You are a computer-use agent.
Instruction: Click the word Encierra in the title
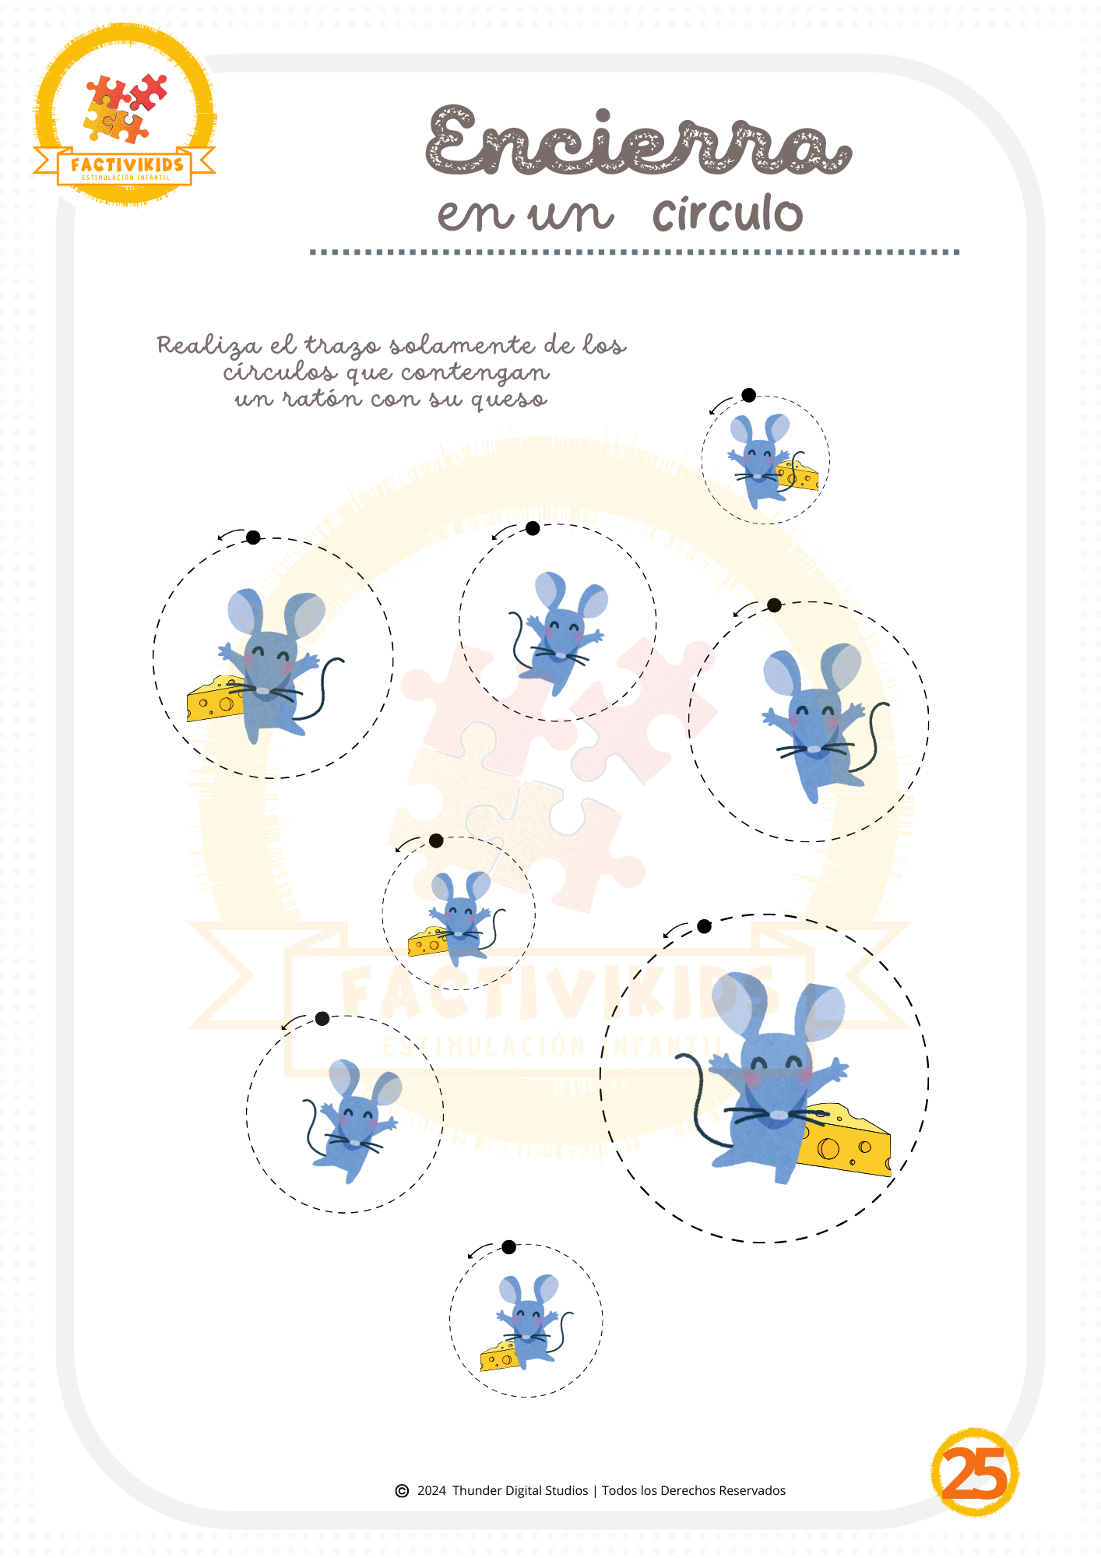coord(638,140)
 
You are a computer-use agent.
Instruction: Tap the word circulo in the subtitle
coord(727,213)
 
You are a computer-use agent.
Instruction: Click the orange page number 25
coord(975,1472)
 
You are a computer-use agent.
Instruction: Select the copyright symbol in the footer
coord(402,1491)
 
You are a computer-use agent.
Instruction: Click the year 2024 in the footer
coord(431,1491)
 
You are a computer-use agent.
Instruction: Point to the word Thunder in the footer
coord(477,1491)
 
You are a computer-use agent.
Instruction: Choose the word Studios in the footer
coord(567,1491)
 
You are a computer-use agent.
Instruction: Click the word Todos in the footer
coord(619,1491)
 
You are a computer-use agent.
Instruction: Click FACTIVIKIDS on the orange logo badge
coord(127,165)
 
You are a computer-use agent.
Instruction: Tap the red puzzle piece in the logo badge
coord(149,92)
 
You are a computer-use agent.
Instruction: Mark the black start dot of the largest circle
coord(704,926)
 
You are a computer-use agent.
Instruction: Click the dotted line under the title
coord(635,252)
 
